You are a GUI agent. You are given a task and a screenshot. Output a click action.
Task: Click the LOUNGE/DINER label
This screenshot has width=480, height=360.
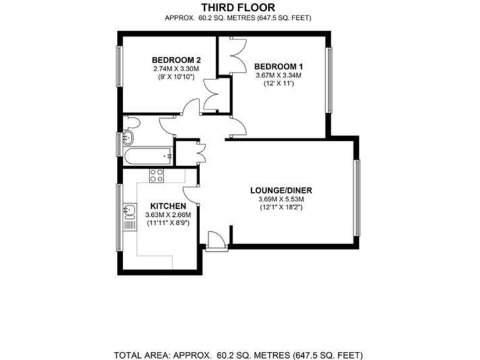click(281, 191)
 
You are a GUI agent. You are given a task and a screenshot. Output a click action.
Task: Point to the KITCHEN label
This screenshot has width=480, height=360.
click(167, 206)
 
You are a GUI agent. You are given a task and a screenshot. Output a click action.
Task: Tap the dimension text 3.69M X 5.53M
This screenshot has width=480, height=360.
click(281, 199)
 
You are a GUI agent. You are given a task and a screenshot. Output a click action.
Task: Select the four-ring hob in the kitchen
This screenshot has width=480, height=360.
click(156, 176)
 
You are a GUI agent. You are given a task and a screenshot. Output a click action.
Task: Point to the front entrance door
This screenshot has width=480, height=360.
click(214, 241)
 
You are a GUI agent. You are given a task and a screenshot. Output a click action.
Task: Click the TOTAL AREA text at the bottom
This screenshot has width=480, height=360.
click(237, 353)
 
